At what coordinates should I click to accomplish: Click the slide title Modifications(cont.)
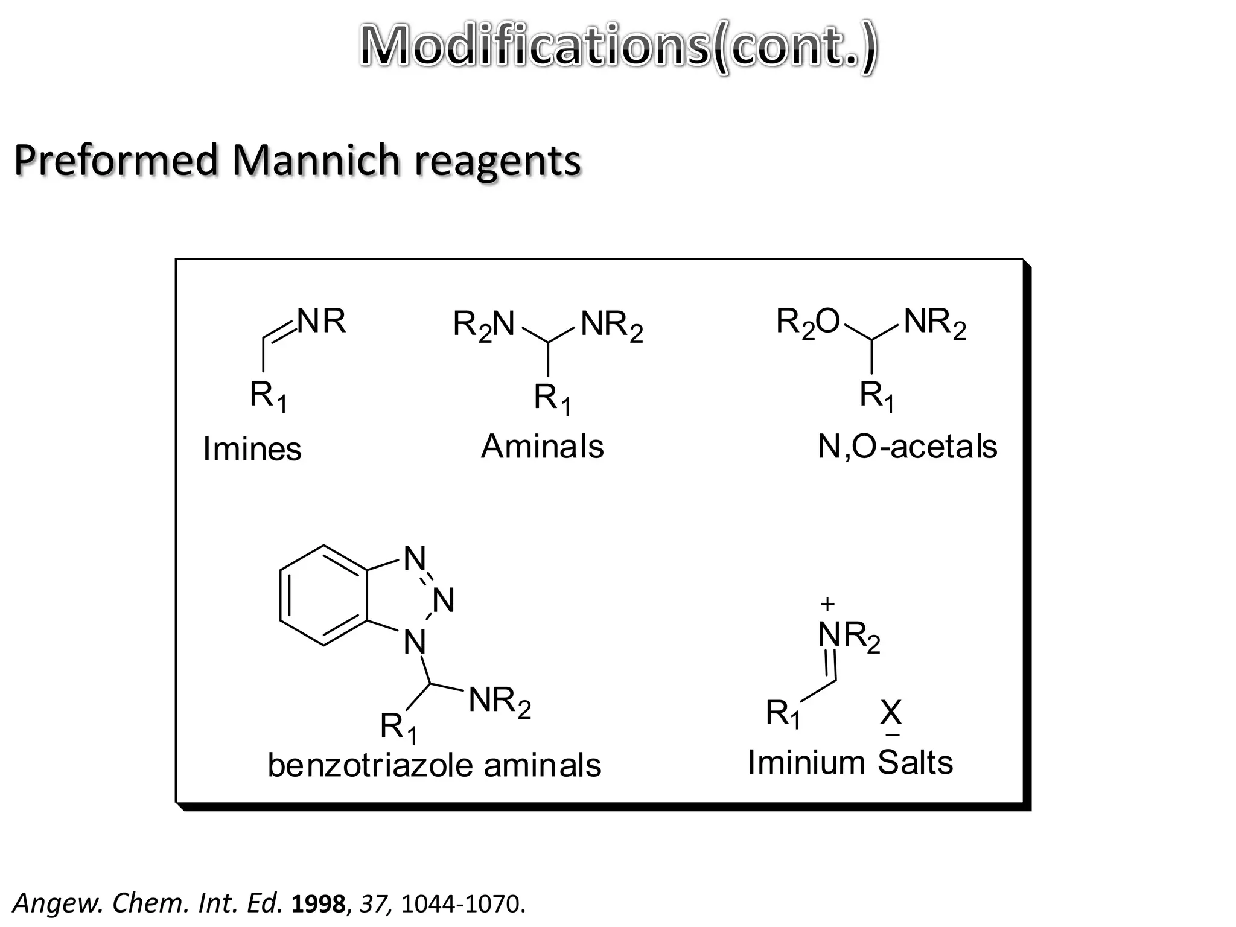tap(618, 48)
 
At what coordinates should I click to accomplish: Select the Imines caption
tap(252, 450)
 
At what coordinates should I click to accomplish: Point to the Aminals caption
tap(542, 447)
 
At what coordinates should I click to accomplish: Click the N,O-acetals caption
tap(906, 447)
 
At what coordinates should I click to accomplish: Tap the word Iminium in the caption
tap(806, 762)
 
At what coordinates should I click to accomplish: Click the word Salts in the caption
tap(915, 762)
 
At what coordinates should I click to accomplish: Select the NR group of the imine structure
tap(322, 321)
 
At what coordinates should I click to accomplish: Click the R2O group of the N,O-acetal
tap(808, 322)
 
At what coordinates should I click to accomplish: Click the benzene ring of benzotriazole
tap(323, 596)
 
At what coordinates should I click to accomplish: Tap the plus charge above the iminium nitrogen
tap(827, 604)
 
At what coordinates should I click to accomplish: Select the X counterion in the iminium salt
tap(891, 713)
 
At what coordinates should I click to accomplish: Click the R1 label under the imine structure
tap(268, 397)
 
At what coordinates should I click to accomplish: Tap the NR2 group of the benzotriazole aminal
tap(500, 702)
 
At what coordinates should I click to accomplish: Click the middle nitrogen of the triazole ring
tap(444, 600)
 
